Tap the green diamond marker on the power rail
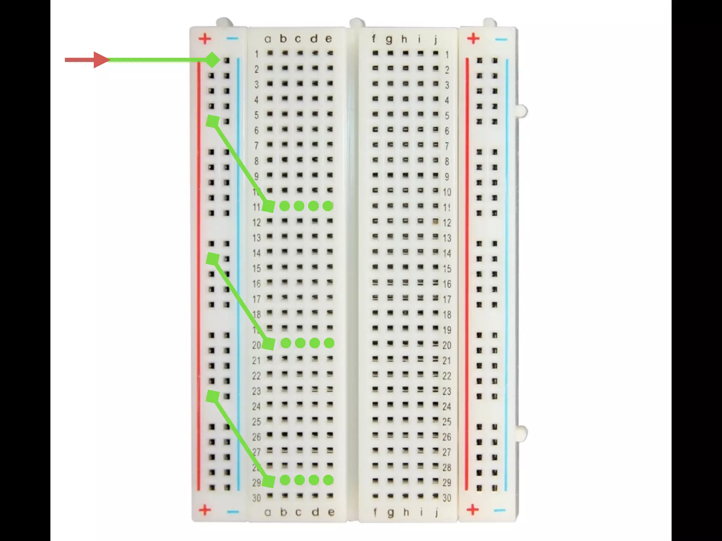point(213,60)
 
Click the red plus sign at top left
point(205,38)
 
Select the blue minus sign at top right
point(501,39)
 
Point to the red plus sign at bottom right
point(473,509)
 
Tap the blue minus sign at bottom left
point(232,511)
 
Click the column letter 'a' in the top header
point(268,39)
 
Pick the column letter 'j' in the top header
point(436,39)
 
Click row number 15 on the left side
point(256,268)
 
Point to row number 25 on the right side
point(447,422)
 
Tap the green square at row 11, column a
point(269,206)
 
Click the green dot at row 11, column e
point(328,206)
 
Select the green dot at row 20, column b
point(286,343)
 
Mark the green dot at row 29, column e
point(328,480)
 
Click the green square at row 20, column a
point(269,343)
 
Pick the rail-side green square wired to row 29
point(213,397)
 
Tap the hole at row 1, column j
point(436,53)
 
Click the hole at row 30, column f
point(375,496)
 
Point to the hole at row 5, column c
point(300,114)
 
